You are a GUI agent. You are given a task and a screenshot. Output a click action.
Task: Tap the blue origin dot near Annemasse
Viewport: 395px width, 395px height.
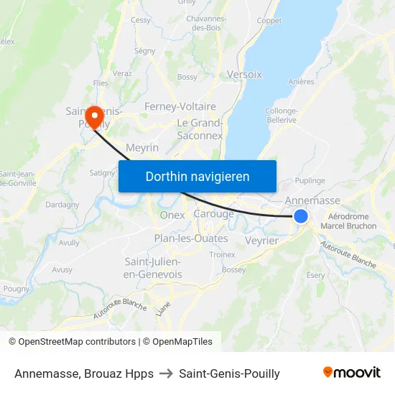coord(301,216)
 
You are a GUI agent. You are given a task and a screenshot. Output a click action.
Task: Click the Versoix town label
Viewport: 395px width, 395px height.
coord(244,74)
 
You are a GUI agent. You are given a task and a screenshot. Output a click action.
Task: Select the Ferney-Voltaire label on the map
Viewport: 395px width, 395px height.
coord(180,106)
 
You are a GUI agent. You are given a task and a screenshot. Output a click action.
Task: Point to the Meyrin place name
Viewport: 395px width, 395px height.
coord(141,147)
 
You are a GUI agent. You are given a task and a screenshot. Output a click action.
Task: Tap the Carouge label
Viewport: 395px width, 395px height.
coord(214,214)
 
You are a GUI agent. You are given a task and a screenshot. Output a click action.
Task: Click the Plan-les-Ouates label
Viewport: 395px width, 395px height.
coord(190,238)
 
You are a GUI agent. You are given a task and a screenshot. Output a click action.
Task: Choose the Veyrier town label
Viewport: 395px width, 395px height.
coord(261,241)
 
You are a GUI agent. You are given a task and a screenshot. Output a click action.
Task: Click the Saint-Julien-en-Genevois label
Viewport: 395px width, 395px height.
coord(153,267)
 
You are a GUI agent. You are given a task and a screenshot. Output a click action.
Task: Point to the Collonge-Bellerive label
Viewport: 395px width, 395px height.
coord(281,115)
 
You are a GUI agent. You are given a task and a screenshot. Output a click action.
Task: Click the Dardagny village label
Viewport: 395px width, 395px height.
coord(62,205)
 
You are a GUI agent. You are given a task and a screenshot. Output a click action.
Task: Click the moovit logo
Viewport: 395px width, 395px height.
coord(351,373)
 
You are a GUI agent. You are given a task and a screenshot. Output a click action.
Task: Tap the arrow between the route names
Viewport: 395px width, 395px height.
coord(166,373)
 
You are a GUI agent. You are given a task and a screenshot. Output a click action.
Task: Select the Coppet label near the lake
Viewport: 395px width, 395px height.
coord(269,21)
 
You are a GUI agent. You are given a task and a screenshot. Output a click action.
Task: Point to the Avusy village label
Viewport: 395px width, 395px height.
coord(62,270)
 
